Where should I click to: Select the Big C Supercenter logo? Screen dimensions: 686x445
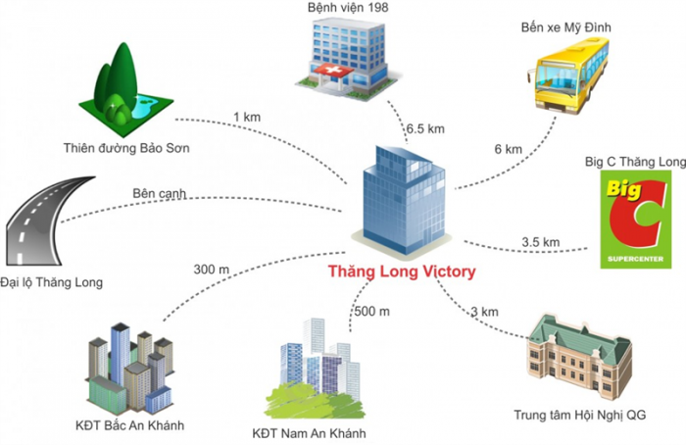coord(635,219)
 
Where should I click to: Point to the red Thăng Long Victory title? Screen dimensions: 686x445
coord(402,272)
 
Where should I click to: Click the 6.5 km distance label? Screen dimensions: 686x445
coord(425,129)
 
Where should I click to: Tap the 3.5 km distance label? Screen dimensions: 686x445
coord(540,242)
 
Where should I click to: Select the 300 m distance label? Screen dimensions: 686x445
coord(212,270)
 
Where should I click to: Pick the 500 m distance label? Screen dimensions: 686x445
coord(371,312)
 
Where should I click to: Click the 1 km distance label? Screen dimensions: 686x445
coord(247,118)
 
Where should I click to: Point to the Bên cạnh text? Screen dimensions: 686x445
coord(159,193)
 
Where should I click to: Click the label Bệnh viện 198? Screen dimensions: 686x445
coord(348,8)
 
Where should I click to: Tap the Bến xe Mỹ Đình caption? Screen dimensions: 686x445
coord(565,27)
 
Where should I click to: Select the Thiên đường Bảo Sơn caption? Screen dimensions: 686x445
coord(126,148)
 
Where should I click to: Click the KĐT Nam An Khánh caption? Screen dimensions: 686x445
coord(309,433)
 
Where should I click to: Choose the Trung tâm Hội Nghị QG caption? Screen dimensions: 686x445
coord(580,415)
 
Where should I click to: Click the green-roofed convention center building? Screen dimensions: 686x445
coord(579,356)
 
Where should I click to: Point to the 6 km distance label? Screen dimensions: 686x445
coord(508,149)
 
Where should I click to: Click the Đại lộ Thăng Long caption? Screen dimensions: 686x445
coord(51,282)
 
